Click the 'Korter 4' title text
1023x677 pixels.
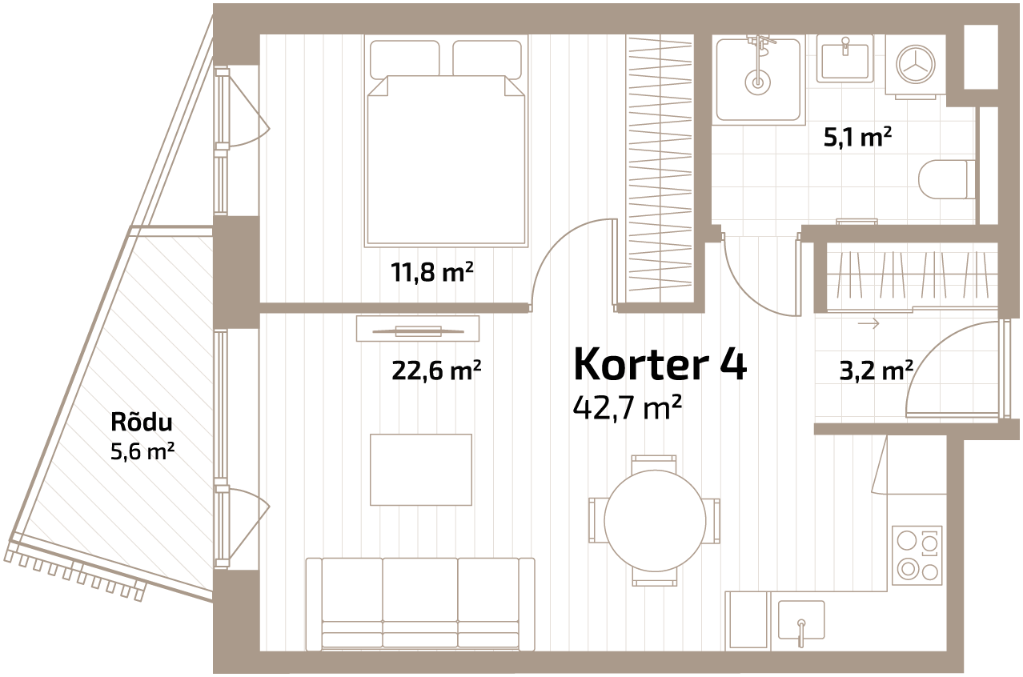(664, 365)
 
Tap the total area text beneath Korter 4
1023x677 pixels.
(628, 408)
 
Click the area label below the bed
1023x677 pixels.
(433, 273)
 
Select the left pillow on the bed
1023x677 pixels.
(404, 59)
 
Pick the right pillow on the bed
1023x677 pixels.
(487, 59)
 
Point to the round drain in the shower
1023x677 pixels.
(757, 81)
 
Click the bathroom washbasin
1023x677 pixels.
(844, 59)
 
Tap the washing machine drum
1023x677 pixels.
(916, 64)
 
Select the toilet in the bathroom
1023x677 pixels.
(945, 179)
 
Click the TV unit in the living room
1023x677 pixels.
(423, 330)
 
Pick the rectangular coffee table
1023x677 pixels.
(421, 470)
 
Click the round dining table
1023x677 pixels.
(655, 521)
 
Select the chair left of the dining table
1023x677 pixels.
(597, 520)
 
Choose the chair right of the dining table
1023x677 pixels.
(712, 520)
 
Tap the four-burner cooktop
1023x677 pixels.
(917, 555)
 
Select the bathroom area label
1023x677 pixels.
(865, 138)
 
